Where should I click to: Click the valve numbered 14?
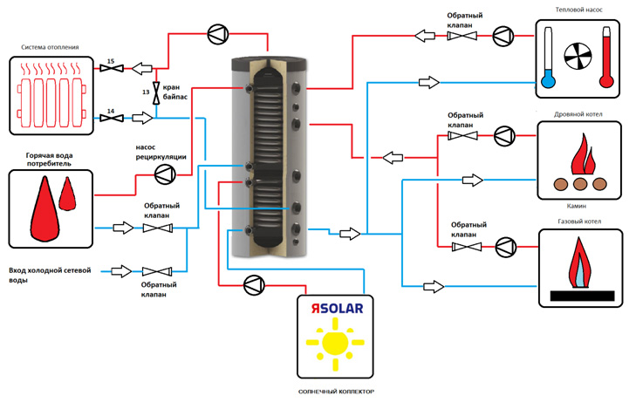point(111,117)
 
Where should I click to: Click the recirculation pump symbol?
point(163,174)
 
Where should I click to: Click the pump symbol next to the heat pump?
point(503,36)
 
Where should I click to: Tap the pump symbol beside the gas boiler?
point(504,246)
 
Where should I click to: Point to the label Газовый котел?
point(578,222)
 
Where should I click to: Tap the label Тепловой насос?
point(578,10)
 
